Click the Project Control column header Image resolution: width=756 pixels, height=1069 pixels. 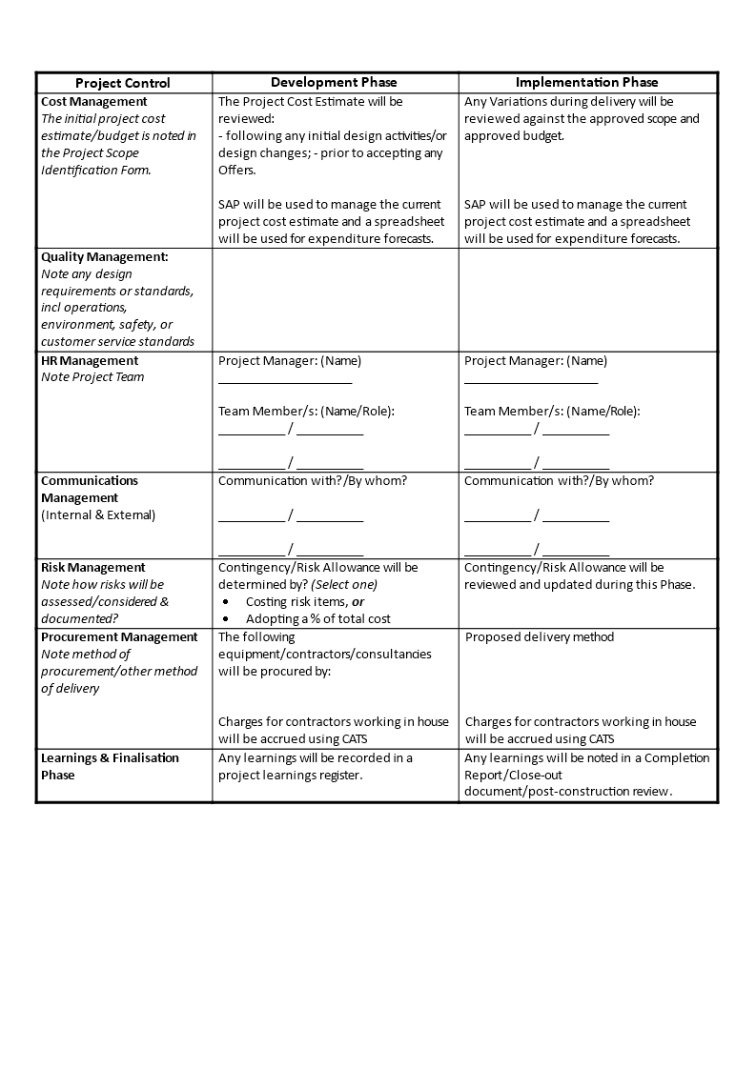123,83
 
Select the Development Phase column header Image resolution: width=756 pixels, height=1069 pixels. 334,83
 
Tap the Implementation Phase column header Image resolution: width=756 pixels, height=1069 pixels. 586,83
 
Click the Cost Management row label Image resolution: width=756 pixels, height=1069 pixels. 94,101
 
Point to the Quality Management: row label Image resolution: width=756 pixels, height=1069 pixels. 105,256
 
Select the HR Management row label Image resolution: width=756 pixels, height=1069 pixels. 90,360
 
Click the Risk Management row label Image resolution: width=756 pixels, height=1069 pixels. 93,567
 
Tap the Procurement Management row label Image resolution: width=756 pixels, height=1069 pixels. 119,636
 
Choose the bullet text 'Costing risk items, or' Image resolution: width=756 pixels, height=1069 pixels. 305,601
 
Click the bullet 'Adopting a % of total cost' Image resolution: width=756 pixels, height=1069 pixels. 318,618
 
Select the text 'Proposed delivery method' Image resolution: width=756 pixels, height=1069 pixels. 540,636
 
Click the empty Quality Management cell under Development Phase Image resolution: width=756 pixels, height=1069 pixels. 335,299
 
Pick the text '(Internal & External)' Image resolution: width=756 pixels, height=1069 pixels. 98,514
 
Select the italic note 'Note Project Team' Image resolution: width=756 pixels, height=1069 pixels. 92,377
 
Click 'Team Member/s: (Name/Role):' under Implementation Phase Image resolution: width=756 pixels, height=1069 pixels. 552,411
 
